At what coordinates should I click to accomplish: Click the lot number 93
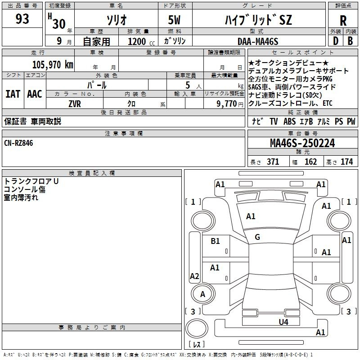point(22,19)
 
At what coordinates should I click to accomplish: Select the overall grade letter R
point(343,21)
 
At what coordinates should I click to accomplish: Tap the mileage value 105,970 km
point(53,65)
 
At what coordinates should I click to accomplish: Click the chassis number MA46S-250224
point(302,143)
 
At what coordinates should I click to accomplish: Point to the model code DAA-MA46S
point(258,41)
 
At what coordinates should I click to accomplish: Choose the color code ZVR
point(75,104)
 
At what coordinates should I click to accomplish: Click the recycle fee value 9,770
point(226,104)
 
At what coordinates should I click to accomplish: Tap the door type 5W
point(174,20)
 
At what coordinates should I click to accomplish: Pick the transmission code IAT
point(13,94)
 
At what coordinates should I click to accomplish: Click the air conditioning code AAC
point(35,94)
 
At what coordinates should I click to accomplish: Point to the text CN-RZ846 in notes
point(18,143)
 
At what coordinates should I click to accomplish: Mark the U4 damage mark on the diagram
point(283,322)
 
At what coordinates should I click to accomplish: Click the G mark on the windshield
point(257,237)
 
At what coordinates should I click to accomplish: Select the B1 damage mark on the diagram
point(215,241)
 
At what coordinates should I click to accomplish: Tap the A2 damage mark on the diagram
point(194,276)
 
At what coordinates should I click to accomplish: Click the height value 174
point(346,162)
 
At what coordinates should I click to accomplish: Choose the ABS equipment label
point(289,121)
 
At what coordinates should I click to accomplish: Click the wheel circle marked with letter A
point(203,294)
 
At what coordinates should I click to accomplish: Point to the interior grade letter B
point(350,41)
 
